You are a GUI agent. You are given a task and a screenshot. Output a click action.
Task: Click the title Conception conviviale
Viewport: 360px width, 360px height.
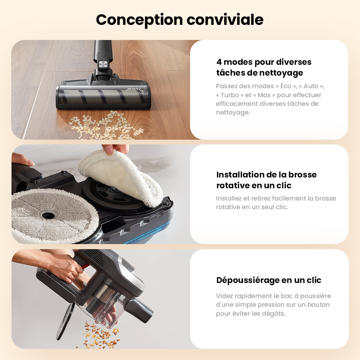(179, 20)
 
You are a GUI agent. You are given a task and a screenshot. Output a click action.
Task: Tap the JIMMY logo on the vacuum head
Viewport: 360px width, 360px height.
(134, 89)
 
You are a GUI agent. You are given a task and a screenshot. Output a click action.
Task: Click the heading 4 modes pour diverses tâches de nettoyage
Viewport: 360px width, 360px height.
(264, 67)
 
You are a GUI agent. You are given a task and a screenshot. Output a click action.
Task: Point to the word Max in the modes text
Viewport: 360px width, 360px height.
(264, 95)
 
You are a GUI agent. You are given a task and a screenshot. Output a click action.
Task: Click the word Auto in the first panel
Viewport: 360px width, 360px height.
(311, 86)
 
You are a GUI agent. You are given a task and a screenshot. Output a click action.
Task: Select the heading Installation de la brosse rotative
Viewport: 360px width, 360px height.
(266, 180)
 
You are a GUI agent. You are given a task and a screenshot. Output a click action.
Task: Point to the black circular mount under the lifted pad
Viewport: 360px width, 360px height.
(108, 194)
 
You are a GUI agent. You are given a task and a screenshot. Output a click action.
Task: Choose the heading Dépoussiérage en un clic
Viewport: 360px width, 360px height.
(269, 280)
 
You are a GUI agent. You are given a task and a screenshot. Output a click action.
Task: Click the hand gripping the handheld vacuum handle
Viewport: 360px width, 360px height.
(70, 268)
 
